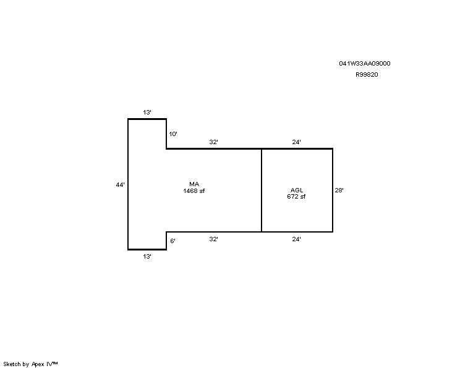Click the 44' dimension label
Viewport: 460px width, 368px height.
point(121,184)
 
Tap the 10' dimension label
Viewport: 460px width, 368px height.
point(173,134)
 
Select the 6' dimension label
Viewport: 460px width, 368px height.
point(172,241)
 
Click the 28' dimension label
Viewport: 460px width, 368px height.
point(339,190)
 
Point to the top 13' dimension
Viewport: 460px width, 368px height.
point(147,113)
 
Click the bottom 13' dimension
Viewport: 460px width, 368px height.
point(147,257)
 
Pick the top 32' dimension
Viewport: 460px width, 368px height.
point(213,142)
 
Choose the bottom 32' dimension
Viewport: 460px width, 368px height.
point(213,239)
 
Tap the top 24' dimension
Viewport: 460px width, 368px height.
point(296,142)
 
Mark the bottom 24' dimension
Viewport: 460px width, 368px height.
point(296,239)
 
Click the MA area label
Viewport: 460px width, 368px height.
point(194,184)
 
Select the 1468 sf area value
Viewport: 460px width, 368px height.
point(194,191)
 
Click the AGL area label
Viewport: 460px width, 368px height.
point(297,190)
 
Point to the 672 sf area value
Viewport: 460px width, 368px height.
point(296,197)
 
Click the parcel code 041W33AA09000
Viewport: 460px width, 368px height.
point(365,63)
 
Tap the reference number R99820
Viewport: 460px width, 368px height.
point(367,75)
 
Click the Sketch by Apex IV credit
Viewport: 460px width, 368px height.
point(30,364)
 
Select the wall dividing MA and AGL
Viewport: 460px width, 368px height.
point(262,190)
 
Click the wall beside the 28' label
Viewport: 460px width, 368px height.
point(333,190)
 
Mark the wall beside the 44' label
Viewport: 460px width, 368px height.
point(128,184)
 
